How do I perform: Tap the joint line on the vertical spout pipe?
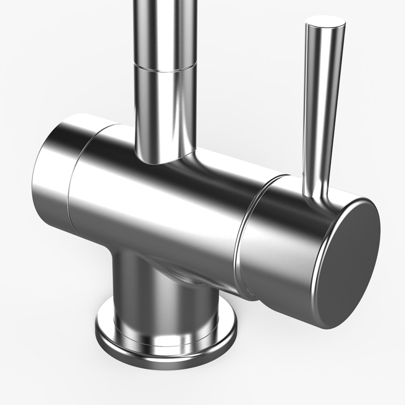click(x=165, y=67)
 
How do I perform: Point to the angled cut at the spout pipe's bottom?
click(x=165, y=157)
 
